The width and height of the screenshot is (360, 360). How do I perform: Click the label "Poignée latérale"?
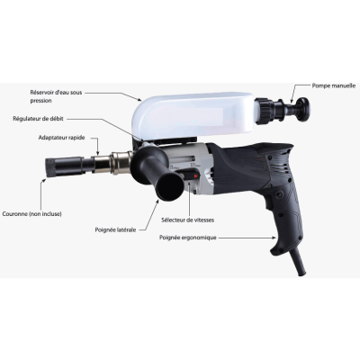pos(116,229)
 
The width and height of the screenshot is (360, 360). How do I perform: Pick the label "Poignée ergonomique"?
pos(186,238)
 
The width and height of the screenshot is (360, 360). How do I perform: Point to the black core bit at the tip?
pos(64,167)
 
